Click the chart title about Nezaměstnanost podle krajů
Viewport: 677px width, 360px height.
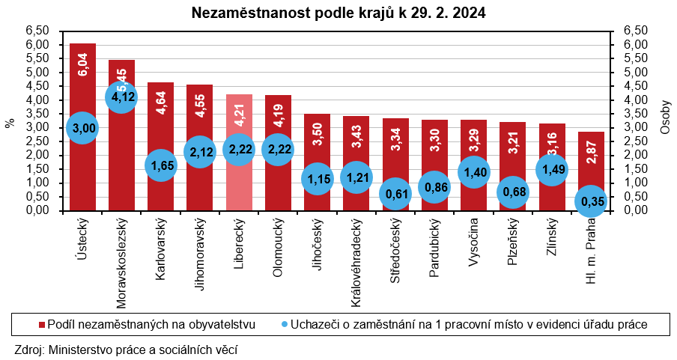(x=338, y=13)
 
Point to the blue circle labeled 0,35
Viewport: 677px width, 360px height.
(x=591, y=201)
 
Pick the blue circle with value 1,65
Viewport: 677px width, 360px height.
(x=160, y=165)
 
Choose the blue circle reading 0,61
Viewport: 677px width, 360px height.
(x=395, y=194)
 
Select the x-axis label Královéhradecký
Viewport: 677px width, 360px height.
(x=356, y=263)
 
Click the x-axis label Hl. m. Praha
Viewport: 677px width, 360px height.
(x=590, y=251)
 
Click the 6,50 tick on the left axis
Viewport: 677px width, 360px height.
(x=37, y=31)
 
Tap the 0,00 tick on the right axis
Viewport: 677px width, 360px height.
(x=628, y=210)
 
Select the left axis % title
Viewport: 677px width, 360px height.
(x=10, y=121)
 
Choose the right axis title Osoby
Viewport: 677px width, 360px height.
(x=666, y=120)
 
